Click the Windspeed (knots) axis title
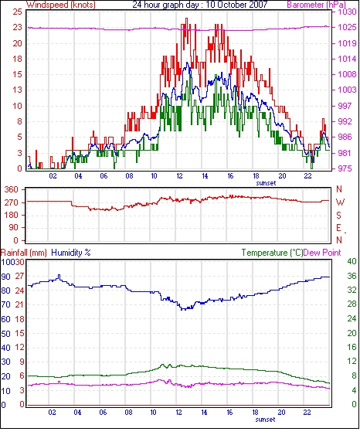61,5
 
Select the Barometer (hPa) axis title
317,5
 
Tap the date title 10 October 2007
236,5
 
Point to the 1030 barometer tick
347,12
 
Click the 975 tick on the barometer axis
345,168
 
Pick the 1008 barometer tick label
347,74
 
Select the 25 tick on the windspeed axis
17,12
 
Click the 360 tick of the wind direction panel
12,190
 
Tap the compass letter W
340,202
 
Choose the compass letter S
338,215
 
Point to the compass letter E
338,228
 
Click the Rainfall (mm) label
24,253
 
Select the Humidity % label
71,253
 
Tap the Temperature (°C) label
272,253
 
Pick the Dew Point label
322,253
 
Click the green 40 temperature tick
352,261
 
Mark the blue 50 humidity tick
6,334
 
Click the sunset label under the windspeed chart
267,183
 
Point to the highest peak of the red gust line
186,19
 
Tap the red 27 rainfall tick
19,277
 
